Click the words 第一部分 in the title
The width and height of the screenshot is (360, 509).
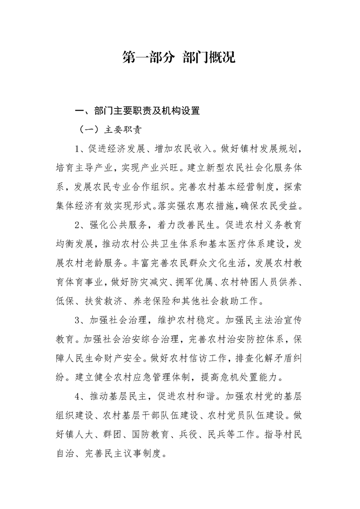149,58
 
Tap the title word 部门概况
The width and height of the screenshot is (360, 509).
209,58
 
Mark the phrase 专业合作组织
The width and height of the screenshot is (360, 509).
142,186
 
